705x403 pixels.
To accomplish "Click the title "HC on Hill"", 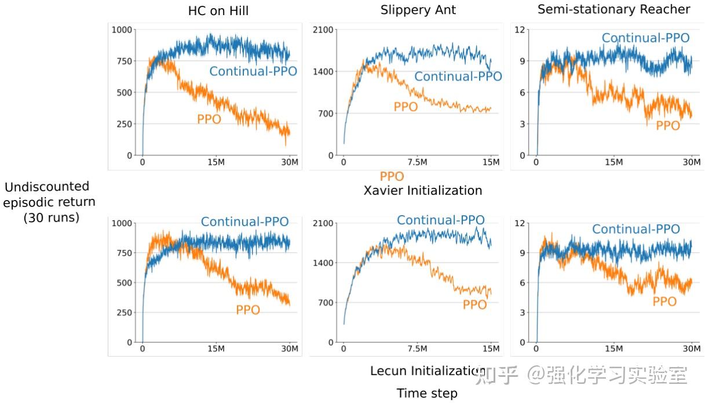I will click(x=218, y=11).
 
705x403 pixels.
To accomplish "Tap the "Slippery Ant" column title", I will click(x=418, y=10).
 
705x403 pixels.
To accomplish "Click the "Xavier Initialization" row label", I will click(x=422, y=190).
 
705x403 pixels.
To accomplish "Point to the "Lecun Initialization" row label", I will click(x=428, y=371).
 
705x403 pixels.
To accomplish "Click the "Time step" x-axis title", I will click(x=427, y=393).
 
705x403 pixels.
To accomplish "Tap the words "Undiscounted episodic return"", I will click(x=49, y=194).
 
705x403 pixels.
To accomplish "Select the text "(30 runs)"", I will click(x=51, y=218).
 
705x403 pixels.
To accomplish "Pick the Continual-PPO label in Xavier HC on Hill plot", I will click(x=253, y=71).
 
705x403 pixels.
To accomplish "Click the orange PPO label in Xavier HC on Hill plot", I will click(x=209, y=119).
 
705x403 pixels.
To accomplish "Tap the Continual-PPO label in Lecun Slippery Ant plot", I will click(x=440, y=220).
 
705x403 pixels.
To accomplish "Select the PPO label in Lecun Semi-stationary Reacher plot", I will click(x=664, y=302).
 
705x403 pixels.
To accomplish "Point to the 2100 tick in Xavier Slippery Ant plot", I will click(x=322, y=30).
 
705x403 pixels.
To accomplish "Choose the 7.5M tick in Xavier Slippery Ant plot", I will click(x=417, y=162).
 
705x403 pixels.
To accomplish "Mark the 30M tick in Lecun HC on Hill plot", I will click(x=290, y=349).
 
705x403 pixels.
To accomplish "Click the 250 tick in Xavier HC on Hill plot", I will click(x=122, y=124).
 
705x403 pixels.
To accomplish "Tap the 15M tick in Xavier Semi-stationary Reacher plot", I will click(x=613, y=162).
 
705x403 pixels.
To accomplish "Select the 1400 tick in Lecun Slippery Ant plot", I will click(x=322, y=263).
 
